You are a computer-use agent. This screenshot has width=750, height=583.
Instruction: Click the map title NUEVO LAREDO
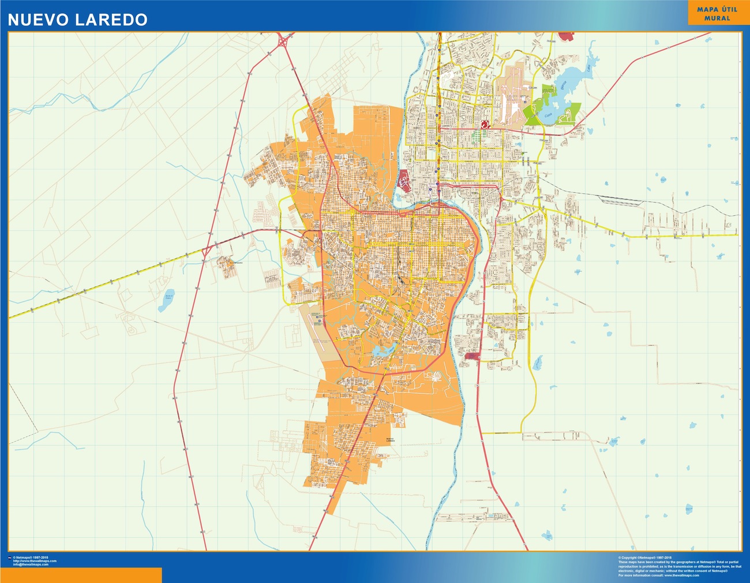pyautogui.click(x=77, y=20)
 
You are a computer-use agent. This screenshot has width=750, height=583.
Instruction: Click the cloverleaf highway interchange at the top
pyautogui.click(x=284, y=42)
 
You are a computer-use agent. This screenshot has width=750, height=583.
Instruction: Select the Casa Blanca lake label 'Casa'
pyautogui.click(x=549, y=115)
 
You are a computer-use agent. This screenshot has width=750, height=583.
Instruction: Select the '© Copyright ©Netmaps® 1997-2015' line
pyautogui.click(x=645, y=558)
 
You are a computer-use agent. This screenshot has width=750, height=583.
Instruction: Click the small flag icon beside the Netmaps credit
pyautogui.click(x=9, y=558)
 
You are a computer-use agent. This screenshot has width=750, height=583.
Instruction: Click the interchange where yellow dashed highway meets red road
pyautogui.click(x=206, y=251)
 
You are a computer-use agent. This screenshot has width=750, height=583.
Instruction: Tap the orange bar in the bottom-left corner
pyautogui.click(x=81, y=575)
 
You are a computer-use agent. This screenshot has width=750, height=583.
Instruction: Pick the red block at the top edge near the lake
pyautogui.click(x=567, y=36)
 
